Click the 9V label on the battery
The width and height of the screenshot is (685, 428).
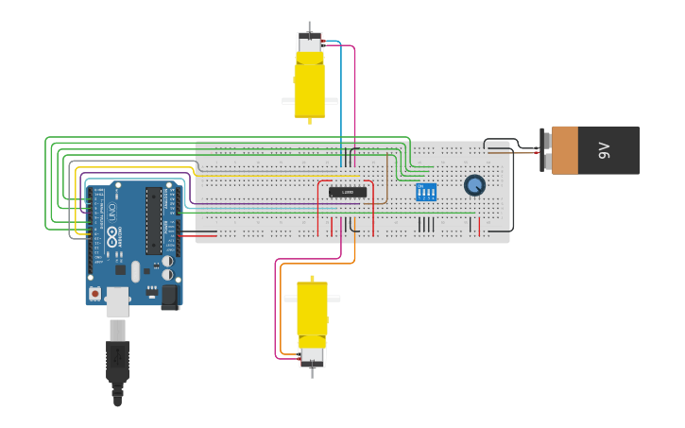point(605,150)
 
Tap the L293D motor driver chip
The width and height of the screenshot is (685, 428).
point(347,193)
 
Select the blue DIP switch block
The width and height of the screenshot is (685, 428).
point(426,192)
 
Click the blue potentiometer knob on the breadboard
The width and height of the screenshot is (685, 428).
point(474,185)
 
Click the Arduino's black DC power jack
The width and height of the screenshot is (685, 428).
point(170,297)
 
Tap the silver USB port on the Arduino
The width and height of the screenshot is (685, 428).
point(117,300)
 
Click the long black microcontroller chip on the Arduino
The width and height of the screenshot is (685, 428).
point(152,220)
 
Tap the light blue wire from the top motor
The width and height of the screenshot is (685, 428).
point(341,104)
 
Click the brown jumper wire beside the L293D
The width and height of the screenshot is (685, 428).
point(386,189)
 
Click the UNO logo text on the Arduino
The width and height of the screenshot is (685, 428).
point(111,211)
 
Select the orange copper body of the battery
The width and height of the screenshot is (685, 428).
point(565,150)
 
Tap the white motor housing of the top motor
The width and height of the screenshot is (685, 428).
point(309,43)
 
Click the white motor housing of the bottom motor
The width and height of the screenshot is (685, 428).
point(312,356)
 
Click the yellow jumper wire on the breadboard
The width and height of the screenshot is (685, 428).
point(274,175)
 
